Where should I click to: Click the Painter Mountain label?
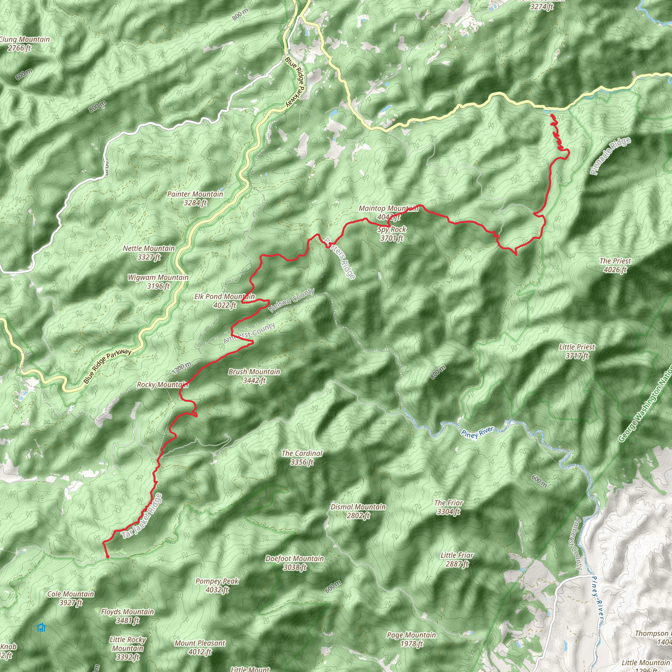195,198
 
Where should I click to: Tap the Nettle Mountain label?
149,253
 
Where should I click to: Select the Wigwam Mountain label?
158,282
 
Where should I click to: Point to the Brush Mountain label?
254,376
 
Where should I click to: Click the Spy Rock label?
392,234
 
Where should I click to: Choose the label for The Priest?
615,265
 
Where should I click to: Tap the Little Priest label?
577,351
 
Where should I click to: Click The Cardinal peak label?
302,457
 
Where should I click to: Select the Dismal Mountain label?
358,511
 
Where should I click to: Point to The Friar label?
448,507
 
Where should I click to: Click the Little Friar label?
457,559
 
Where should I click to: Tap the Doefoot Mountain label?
295,563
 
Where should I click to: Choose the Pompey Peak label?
217,585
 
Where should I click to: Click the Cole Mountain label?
71,598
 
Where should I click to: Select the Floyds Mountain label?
127,616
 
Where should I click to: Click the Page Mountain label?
411,639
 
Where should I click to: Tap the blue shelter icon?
41,627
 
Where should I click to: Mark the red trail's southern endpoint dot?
108,556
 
